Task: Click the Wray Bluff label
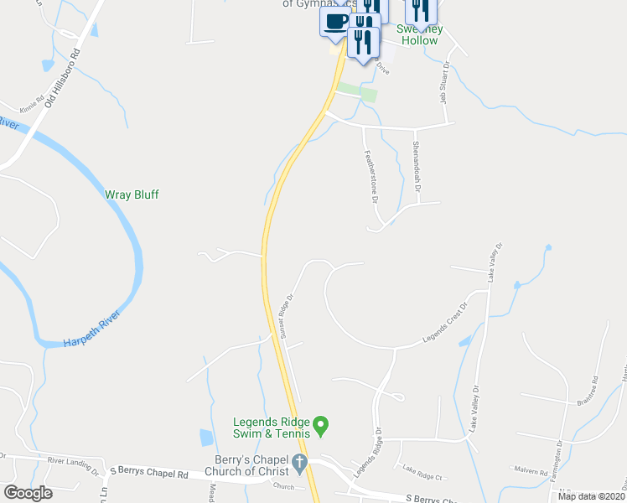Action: [132, 194]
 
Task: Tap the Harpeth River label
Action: [92, 329]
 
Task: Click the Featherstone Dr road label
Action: [370, 176]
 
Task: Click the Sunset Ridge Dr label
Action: [285, 316]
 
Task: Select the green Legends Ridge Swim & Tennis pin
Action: [319, 425]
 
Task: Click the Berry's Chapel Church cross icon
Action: [299, 462]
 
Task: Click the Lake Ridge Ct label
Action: [422, 471]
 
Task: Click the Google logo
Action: [28, 492]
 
